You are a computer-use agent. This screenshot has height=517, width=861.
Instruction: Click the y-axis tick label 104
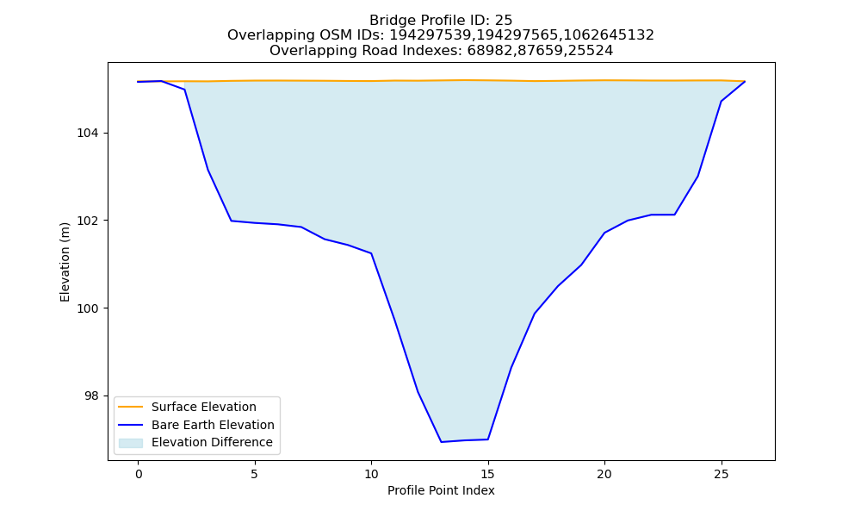87,134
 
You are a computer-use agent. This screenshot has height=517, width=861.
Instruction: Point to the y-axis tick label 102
87,221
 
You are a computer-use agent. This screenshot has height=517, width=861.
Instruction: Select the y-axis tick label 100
87,308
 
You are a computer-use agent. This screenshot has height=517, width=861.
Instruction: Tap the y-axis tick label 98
91,396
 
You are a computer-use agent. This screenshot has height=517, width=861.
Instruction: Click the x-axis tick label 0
139,474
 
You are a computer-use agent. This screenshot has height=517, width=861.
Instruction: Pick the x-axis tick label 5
255,474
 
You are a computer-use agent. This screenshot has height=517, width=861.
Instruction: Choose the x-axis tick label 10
371,474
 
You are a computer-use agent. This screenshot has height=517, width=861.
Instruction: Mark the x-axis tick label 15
487,474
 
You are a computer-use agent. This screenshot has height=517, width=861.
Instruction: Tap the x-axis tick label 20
604,474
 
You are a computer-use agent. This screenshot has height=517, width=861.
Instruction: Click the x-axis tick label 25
721,474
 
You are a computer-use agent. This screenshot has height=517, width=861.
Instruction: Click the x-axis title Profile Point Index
441,490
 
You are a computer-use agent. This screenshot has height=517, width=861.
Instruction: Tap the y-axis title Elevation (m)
65,262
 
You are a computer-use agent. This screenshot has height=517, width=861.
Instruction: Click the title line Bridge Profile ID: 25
441,21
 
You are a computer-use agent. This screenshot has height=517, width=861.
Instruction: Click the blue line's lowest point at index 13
441,442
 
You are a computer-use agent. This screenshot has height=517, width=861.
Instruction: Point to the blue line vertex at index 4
231,221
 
